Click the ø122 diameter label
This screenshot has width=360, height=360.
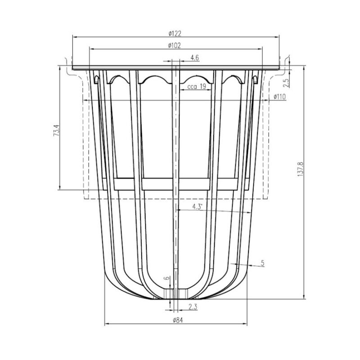(175, 33)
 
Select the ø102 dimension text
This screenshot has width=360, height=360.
(174, 45)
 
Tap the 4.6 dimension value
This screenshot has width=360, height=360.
(194, 58)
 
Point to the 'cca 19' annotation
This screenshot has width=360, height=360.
(197, 86)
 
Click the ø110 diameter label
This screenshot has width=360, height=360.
(280, 97)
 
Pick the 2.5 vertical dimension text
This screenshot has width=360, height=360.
(286, 83)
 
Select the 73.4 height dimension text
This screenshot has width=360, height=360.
(57, 130)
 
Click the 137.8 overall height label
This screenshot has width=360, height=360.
(301, 169)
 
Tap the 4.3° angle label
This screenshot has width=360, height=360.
(197, 207)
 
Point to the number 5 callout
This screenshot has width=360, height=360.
(263, 263)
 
